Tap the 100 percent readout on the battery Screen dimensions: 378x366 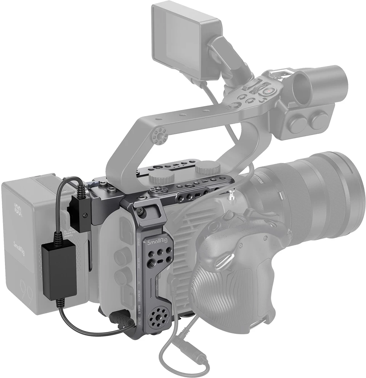tap(18, 209)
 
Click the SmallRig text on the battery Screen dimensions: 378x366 tap(19, 248)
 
